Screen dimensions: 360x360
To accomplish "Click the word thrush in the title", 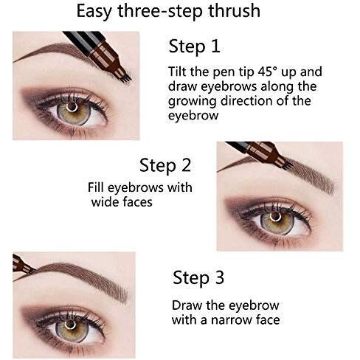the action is click(x=235, y=11).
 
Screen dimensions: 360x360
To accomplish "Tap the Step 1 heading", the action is click(x=194, y=46).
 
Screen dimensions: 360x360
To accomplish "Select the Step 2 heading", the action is click(x=165, y=165).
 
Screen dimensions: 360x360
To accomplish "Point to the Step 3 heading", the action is click(x=198, y=278).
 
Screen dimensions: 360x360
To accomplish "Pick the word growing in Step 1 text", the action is click(x=193, y=101).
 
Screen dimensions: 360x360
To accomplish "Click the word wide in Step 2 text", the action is click(x=105, y=202).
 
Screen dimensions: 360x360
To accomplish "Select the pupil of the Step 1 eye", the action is click(x=72, y=107).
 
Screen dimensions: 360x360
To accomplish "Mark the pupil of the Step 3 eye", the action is click(x=70, y=325).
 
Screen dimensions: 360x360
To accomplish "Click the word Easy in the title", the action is click(x=95, y=11).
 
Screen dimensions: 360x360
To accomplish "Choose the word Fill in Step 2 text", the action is click(x=96, y=187).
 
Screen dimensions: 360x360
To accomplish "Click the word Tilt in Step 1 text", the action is click(x=178, y=72).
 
